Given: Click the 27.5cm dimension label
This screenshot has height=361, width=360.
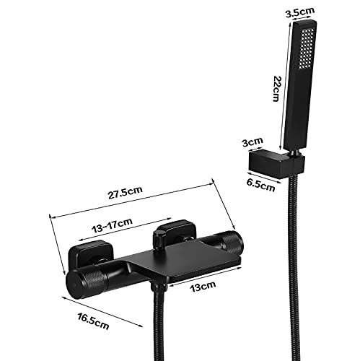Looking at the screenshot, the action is coord(125,192).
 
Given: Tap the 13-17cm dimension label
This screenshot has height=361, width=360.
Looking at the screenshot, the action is coord(113,225).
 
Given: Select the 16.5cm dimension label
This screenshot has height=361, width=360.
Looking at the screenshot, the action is coord(93,321).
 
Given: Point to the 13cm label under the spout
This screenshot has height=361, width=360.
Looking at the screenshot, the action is coord(203,286).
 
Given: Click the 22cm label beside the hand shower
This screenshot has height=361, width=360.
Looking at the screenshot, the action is coord(277,89).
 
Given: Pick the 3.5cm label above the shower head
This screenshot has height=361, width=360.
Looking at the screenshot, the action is coord(300,12).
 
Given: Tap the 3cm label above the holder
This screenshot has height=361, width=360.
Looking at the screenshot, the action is coord(253,142).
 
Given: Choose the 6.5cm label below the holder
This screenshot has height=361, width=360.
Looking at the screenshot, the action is coord(260,186).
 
